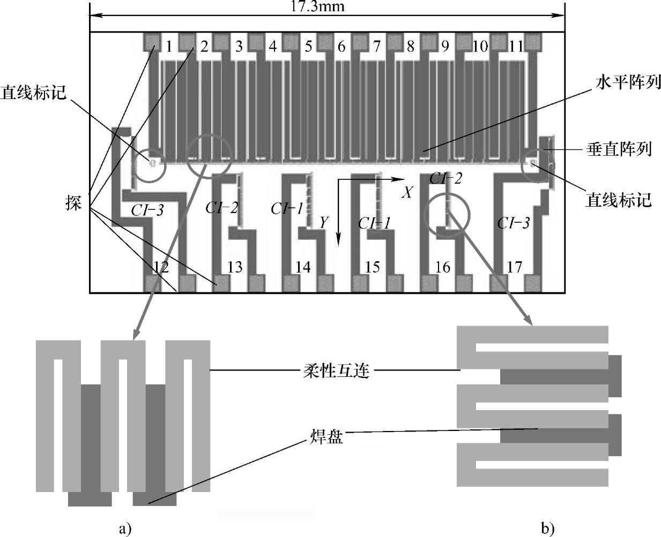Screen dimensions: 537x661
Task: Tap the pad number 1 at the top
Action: pos(169,47)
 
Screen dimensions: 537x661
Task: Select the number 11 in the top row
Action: pos(516,47)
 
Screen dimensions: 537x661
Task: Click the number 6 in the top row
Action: pos(341,47)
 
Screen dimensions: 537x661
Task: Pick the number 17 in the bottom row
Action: pos(514,267)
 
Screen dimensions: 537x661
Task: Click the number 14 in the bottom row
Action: pos(303,267)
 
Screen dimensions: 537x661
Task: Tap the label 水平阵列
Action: pos(628,83)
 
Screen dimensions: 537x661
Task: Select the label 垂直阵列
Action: pos(619,149)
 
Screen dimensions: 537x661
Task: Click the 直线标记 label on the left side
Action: pos(33,92)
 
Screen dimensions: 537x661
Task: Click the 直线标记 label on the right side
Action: pos(619,200)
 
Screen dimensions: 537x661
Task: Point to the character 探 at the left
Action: pos(74,203)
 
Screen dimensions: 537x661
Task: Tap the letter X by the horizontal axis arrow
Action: pos(407,193)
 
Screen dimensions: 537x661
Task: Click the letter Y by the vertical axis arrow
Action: pos(323,222)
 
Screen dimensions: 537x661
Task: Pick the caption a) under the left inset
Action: pos(124,529)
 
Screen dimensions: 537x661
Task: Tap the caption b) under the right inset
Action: pos(547,529)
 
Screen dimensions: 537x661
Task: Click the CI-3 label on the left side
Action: pos(147,210)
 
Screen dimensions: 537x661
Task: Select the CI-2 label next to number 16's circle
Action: pos(445,179)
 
